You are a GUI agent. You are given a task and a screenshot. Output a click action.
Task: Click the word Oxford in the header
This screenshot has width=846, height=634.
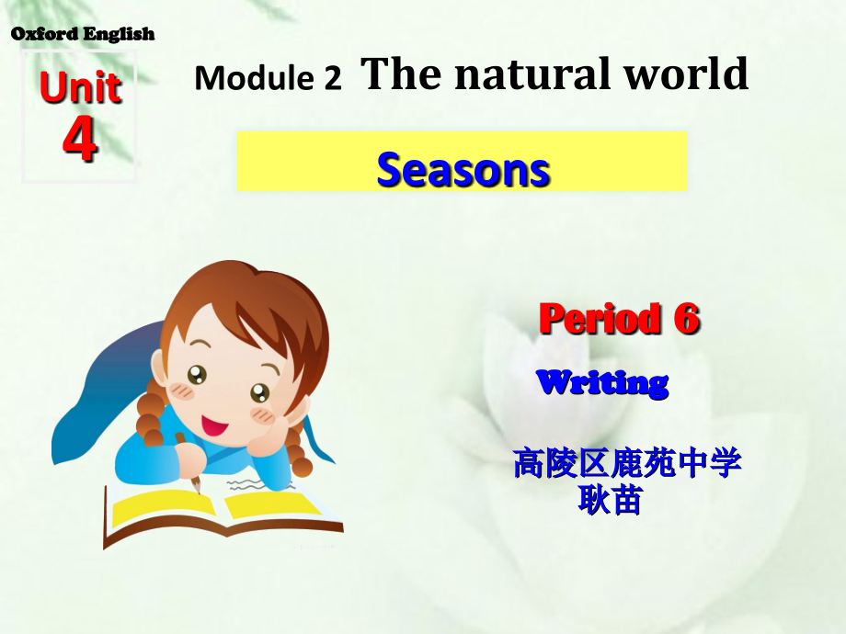pyautogui.click(x=44, y=35)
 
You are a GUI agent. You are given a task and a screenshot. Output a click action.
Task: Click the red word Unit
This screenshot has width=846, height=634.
pyautogui.click(x=80, y=89)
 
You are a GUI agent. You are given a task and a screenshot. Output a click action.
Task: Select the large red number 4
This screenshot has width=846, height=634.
pyautogui.click(x=80, y=140)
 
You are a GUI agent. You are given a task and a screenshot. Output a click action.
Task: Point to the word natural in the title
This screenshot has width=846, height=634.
pyautogui.click(x=521, y=74)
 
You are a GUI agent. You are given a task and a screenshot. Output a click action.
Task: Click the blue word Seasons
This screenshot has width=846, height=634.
pyautogui.click(x=463, y=170)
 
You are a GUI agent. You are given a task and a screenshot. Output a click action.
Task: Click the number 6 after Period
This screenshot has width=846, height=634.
pyautogui.click(x=686, y=319)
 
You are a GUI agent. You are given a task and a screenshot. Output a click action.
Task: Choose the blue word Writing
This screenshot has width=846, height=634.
pyautogui.click(x=602, y=382)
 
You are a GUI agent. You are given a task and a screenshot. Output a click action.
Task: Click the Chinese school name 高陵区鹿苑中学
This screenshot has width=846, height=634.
pyautogui.click(x=626, y=464)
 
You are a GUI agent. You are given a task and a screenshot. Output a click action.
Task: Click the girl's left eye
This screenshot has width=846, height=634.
pyautogui.click(x=197, y=374)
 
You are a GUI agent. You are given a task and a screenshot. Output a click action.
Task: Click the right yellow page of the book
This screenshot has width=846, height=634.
pyautogui.click(x=267, y=503)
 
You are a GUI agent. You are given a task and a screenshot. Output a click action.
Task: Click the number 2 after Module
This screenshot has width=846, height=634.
pyautogui.click(x=332, y=79)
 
